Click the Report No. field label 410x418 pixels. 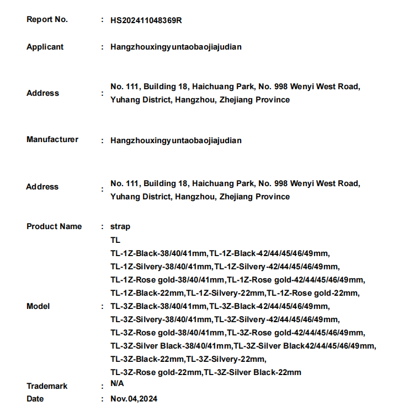47,19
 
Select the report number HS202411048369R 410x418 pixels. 146,20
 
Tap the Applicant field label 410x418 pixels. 45,47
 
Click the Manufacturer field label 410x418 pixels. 52,139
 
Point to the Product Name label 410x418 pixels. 54,226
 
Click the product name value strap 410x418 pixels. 120,226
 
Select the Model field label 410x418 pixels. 38,306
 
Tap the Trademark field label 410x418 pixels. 47,386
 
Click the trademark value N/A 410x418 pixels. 117,383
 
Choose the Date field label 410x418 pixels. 35,399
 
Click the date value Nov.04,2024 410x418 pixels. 134,399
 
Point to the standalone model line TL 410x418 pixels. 115,240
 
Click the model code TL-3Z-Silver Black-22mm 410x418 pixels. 253,372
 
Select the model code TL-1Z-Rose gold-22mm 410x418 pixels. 313,293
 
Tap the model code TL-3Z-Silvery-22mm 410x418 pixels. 226,359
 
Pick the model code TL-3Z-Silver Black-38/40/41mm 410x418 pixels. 171,346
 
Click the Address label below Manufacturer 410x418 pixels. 42,187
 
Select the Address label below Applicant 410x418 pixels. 42,93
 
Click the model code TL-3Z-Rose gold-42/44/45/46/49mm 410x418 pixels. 296,333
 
